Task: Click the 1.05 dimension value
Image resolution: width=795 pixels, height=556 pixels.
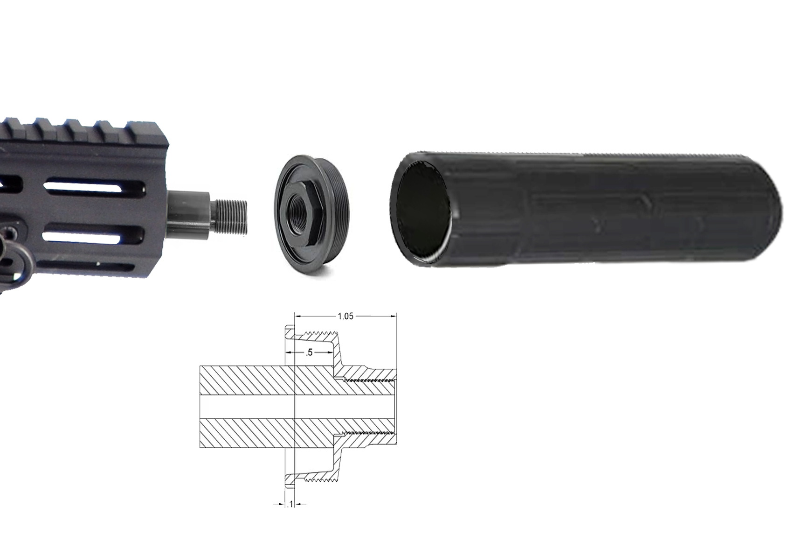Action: (x=346, y=316)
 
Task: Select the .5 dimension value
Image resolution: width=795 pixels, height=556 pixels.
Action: (x=309, y=352)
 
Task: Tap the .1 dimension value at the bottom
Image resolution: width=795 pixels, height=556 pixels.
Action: (x=290, y=504)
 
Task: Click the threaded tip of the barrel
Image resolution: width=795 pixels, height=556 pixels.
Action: (x=231, y=216)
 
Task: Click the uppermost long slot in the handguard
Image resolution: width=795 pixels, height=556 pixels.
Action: (x=94, y=187)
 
